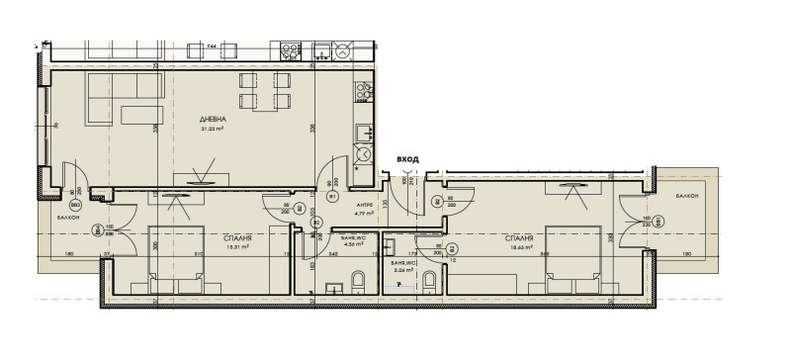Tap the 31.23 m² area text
214,129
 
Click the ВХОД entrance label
406,157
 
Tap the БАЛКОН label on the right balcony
688,197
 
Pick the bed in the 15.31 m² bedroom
177,263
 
